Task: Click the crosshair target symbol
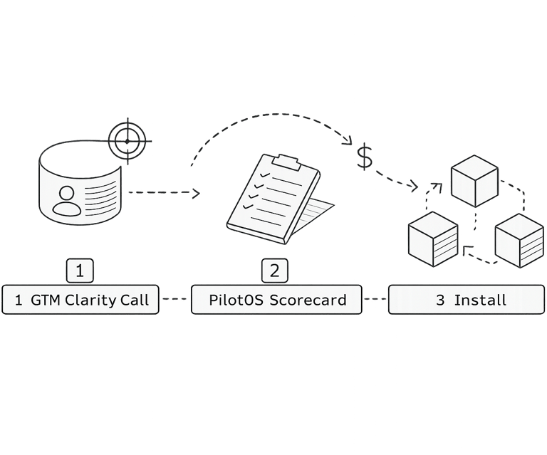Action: click(x=127, y=140)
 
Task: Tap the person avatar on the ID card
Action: click(x=68, y=199)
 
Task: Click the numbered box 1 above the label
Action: click(x=80, y=271)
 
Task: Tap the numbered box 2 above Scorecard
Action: click(x=275, y=271)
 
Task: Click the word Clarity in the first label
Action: click(x=91, y=300)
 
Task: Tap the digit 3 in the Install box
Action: click(x=440, y=300)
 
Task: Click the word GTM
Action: click(x=46, y=300)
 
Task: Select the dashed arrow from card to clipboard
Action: click(x=162, y=193)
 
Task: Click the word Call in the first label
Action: click(x=135, y=300)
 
